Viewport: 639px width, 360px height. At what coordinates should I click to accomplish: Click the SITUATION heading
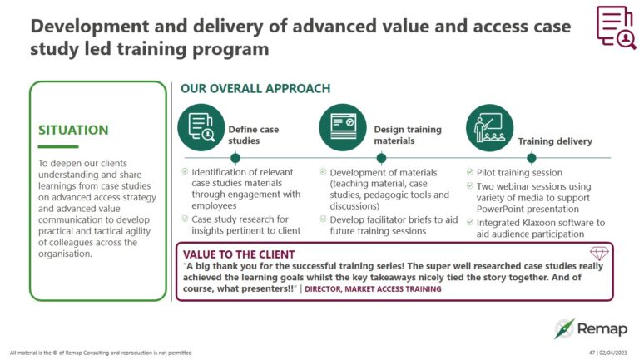[x=73, y=130]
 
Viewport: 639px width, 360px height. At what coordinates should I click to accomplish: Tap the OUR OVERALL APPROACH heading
[x=255, y=88]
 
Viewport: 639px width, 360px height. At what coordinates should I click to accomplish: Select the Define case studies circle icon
[x=201, y=126]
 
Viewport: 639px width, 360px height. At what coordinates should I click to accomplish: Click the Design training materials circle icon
[x=343, y=126]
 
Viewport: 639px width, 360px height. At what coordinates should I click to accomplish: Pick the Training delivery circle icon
[x=488, y=126]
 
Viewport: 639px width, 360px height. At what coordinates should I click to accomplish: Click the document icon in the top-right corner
[x=616, y=27]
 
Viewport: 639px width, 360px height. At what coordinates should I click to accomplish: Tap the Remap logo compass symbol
[x=566, y=328]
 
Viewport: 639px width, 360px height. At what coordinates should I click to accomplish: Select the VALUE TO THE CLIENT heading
[x=239, y=254]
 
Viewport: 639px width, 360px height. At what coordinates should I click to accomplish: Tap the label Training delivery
[x=555, y=141]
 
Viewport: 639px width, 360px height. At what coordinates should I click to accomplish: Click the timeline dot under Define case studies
[x=235, y=157]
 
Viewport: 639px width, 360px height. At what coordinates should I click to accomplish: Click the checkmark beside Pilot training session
[x=469, y=172]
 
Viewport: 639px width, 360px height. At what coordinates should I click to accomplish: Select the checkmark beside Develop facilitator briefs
[x=323, y=219]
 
